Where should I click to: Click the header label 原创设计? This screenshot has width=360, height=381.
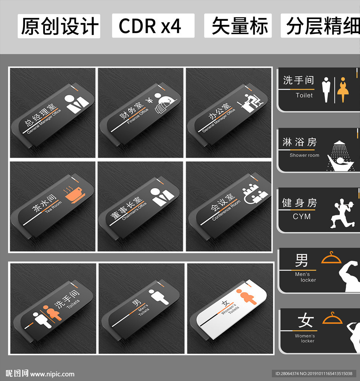point(59,26)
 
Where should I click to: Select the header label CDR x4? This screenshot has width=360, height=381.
point(150,26)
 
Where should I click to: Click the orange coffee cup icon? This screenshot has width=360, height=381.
point(75,195)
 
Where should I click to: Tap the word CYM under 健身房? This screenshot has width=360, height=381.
point(302,217)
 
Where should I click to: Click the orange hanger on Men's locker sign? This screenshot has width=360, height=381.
point(331,258)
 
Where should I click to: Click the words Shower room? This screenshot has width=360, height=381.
point(304,155)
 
